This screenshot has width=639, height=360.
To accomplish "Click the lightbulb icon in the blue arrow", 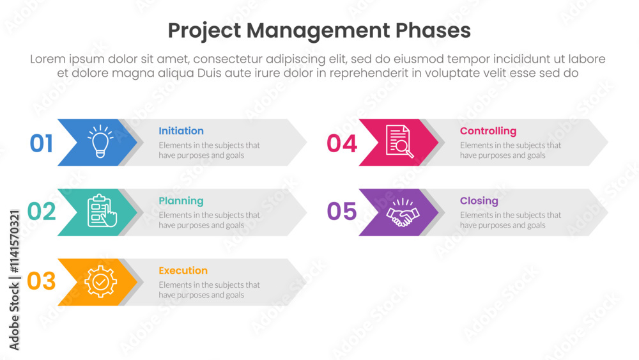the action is pyautogui.click(x=100, y=141).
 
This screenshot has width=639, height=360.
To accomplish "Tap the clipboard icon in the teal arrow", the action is pyautogui.click(x=102, y=211).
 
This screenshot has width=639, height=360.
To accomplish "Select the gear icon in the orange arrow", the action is pyautogui.click(x=101, y=281).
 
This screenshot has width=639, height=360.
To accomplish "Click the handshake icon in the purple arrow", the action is pyautogui.click(x=403, y=212).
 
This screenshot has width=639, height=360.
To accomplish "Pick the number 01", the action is pyautogui.click(x=41, y=143).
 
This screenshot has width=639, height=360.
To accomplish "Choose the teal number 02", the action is pyautogui.click(x=41, y=211).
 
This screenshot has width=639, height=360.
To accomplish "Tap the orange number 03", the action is pyautogui.click(x=41, y=281).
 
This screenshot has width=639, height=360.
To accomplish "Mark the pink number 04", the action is pyautogui.click(x=342, y=143).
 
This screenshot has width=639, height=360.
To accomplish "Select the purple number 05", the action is pyautogui.click(x=342, y=211).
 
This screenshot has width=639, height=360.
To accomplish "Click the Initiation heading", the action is pyautogui.click(x=181, y=131).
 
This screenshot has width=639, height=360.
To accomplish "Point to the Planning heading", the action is pyautogui.click(x=181, y=201).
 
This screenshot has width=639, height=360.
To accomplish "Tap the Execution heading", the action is pyautogui.click(x=183, y=270).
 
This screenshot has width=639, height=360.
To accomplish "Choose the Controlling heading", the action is pyautogui.click(x=488, y=131).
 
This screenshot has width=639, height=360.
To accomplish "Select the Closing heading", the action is pyautogui.click(x=479, y=201).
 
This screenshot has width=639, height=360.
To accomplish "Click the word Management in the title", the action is pyautogui.click(x=318, y=31).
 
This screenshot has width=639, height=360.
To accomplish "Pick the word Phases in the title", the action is pyautogui.click(x=433, y=31).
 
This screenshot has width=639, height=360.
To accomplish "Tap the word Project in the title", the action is pyautogui.click(x=204, y=31).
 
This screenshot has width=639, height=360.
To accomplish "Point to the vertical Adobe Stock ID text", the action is pyautogui.click(x=14, y=280).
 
